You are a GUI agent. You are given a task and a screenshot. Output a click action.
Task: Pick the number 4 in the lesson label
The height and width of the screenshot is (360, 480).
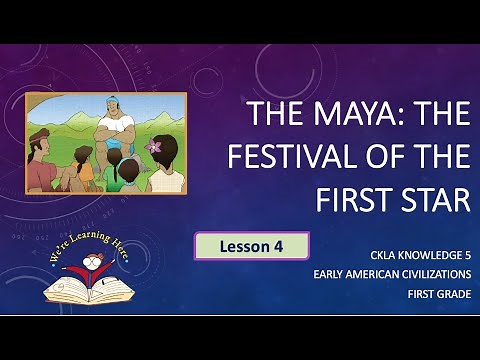click(x=293, y=246)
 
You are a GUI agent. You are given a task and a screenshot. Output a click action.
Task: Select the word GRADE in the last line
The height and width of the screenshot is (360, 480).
click(x=451, y=295)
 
